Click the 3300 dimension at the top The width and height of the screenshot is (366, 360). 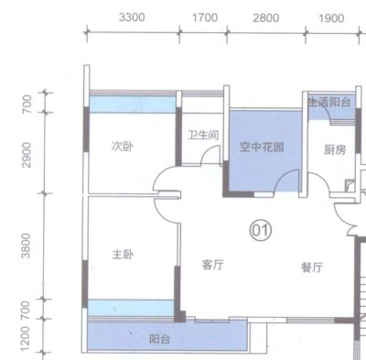click(132, 17)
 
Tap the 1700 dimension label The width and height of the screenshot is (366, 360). click(205, 17)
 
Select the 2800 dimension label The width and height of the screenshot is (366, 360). click(265, 18)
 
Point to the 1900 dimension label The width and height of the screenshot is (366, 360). click(331, 18)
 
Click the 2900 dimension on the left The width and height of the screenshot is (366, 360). click(27, 155)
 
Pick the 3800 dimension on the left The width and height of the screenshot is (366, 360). click(27, 245)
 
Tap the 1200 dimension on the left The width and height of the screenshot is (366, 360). click(26, 339)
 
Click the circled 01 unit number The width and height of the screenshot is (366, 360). click(261, 231)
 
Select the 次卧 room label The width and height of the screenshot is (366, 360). click(123, 147)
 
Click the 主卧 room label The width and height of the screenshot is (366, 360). click(123, 254)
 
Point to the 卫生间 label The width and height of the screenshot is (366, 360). click(203, 135)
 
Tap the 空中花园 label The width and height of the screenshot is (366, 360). click(262, 147)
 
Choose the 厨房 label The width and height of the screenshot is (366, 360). click(335, 150)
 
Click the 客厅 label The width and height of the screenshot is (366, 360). click(212, 265)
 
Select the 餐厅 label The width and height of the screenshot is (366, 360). click(312, 267)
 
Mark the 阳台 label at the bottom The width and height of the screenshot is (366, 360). click(159, 339)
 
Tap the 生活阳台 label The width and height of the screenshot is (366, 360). click(328, 102)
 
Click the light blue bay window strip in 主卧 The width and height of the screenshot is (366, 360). click(131, 308)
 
